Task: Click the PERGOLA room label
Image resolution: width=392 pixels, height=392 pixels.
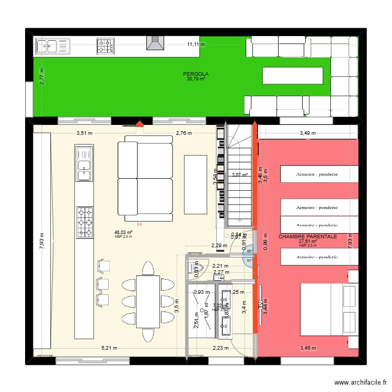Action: (x=195, y=74)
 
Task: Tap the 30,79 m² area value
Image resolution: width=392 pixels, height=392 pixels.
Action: (x=195, y=79)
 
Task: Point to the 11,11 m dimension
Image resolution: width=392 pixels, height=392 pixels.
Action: (x=197, y=45)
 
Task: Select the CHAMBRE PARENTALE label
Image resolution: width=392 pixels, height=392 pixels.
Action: (x=307, y=237)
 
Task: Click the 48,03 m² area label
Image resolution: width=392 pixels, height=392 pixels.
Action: (x=123, y=233)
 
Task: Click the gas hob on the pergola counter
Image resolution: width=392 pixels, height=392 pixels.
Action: (x=105, y=46)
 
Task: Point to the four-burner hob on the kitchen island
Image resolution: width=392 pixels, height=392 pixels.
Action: (x=85, y=222)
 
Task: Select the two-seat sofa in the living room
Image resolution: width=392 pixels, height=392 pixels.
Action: (x=145, y=178)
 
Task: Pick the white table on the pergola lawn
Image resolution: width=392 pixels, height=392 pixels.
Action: (x=292, y=75)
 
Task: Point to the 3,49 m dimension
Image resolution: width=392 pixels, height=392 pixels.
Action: (x=308, y=133)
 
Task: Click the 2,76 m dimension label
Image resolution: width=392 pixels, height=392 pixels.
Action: (x=184, y=133)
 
